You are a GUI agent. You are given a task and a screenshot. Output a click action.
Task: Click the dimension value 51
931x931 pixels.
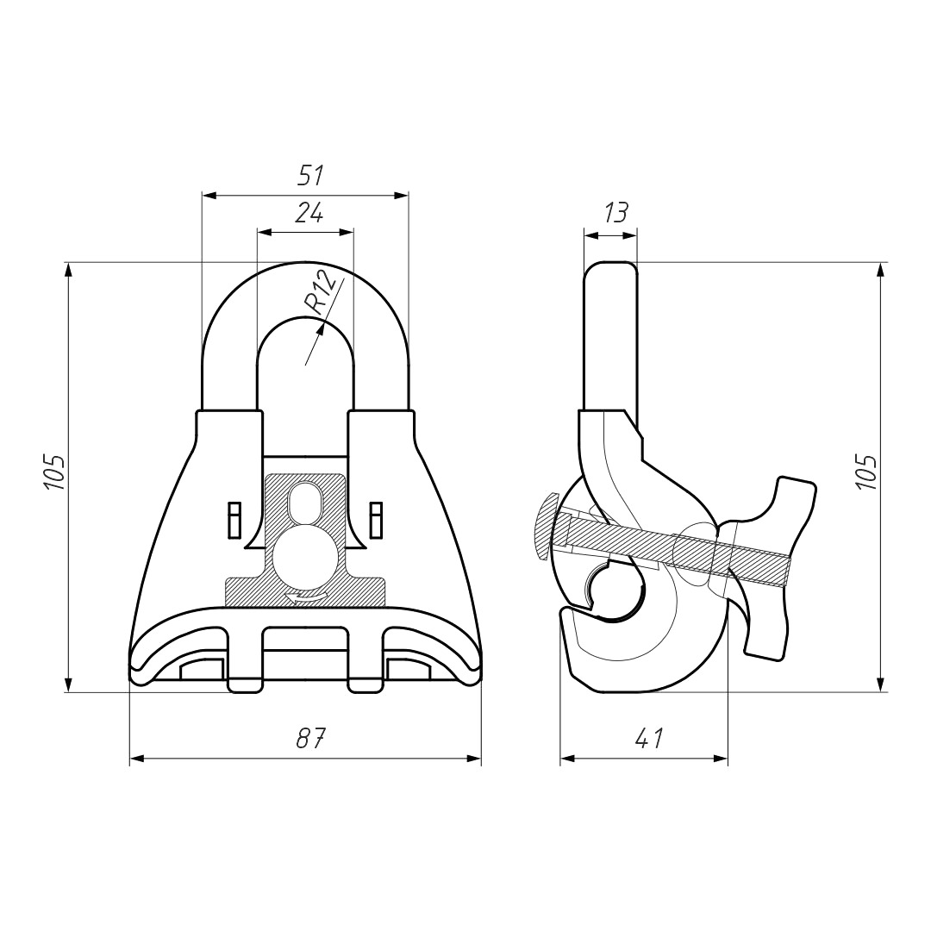311,176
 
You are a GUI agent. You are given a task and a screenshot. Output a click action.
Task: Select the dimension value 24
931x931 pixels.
309,212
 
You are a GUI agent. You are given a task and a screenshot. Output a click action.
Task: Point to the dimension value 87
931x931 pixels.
310,738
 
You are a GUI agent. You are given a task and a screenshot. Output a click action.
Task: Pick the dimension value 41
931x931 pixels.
648,738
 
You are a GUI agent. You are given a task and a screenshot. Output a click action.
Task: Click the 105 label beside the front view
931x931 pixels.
54,472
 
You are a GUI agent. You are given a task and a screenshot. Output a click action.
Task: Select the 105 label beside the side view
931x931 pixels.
867,472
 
